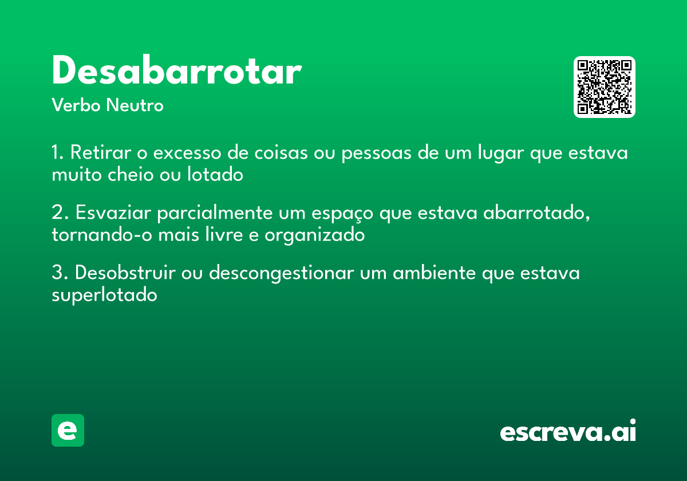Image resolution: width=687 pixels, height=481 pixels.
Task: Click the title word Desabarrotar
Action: click(x=176, y=72)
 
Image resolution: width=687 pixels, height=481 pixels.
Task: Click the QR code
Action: click(x=605, y=87)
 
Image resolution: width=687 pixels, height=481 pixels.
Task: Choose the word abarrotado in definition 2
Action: click(x=536, y=213)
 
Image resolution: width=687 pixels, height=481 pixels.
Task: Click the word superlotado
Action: click(x=104, y=295)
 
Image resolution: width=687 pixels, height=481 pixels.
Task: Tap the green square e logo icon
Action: click(x=68, y=430)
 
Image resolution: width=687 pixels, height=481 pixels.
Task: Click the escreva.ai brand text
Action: click(x=568, y=432)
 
